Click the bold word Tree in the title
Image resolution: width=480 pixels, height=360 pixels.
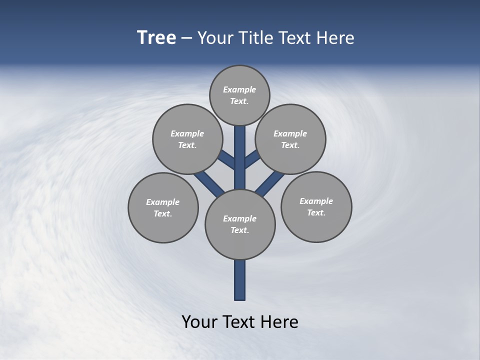[x=156, y=37]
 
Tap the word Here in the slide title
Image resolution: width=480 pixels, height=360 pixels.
[x=335, y=37]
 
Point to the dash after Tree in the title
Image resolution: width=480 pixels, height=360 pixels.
[x=186, y=38]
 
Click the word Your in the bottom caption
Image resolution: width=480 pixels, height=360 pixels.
[x=199, y=321]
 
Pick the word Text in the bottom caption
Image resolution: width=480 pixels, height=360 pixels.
[x=240, y=321]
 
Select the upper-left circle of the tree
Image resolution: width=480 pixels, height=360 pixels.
[x=187, y=139]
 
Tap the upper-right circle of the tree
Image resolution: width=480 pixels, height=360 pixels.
[x=290, y=139]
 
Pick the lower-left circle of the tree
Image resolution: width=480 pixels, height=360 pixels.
[x=163, y=207]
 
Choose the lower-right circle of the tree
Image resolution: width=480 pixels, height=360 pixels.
[x=316, y=206]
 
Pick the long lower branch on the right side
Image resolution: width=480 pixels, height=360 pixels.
[x=270, y=182]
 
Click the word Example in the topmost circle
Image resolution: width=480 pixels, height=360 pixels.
[x=239, y=90]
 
